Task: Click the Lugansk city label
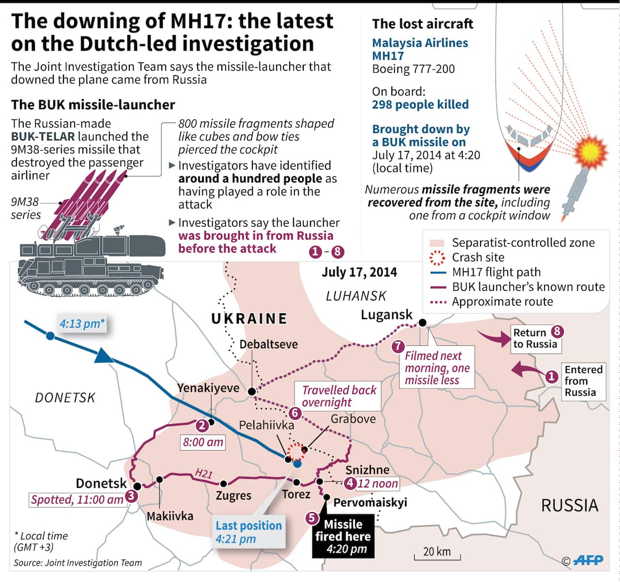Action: [x=387, y=315]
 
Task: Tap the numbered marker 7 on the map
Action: [x=398, y=346]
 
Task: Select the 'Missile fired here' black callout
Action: [x=342, y=536]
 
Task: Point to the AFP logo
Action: [x=588, y=561]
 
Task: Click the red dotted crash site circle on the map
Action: [x=296, y=452]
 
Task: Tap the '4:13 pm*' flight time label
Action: [x=82, y=323]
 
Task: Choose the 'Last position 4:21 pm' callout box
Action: [x=248, y=532]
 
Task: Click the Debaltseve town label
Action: [x=268, y=344]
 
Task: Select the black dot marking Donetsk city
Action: [x=137, y=486]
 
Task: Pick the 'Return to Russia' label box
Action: [x=535, y=338]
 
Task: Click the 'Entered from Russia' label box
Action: [x=583, y=381]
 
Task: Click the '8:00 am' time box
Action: [x=203, y=442]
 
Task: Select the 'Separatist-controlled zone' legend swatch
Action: [x=437, y=243]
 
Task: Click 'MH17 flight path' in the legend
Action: [x=496, y=272]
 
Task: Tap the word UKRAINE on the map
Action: [x=249, y=319]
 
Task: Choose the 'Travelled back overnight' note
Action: [x=339, y=396]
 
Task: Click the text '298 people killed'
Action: [x=420, y=105]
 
